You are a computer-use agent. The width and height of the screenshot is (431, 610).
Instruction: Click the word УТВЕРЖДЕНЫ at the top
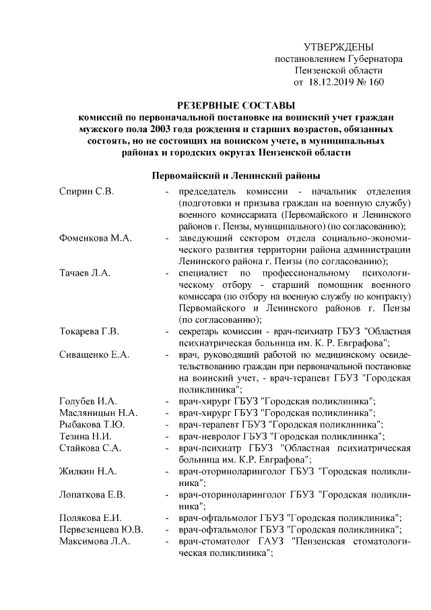pos(338,47)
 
